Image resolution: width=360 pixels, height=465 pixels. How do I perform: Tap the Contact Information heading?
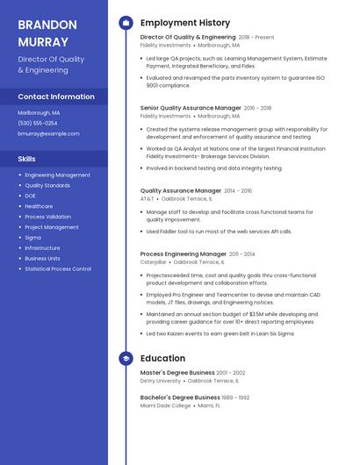(x=56, y=97)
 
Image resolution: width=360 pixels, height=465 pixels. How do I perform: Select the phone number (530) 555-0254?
(x=38, y=123)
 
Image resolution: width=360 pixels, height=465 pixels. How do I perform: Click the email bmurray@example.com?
(x=48, y=133)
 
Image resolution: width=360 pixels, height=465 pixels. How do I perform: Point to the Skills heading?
(x=27, y=159)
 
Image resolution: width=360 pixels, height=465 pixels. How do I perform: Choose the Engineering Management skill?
(x=57, y=175)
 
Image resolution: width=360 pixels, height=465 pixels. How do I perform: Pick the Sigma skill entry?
(x=32, y=238)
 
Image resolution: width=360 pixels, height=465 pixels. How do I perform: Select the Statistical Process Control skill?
(x=58, y=269)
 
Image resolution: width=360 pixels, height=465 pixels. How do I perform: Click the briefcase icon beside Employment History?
(x=126, y=23)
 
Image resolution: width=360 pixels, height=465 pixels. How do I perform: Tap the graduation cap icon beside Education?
(x=126, y=358)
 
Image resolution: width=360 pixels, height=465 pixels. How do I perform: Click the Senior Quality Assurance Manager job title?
(x=191, y=108)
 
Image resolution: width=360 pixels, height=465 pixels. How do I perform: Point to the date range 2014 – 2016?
(x=238, y=190)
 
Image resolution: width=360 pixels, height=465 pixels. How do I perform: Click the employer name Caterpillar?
(x=153, y=261)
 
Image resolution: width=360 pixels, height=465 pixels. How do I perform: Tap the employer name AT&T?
(x=147, y=198)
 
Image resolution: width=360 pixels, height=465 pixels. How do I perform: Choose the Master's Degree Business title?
(x=177, y=373)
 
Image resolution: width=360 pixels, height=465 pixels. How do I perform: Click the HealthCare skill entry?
(x=39, y=206)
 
